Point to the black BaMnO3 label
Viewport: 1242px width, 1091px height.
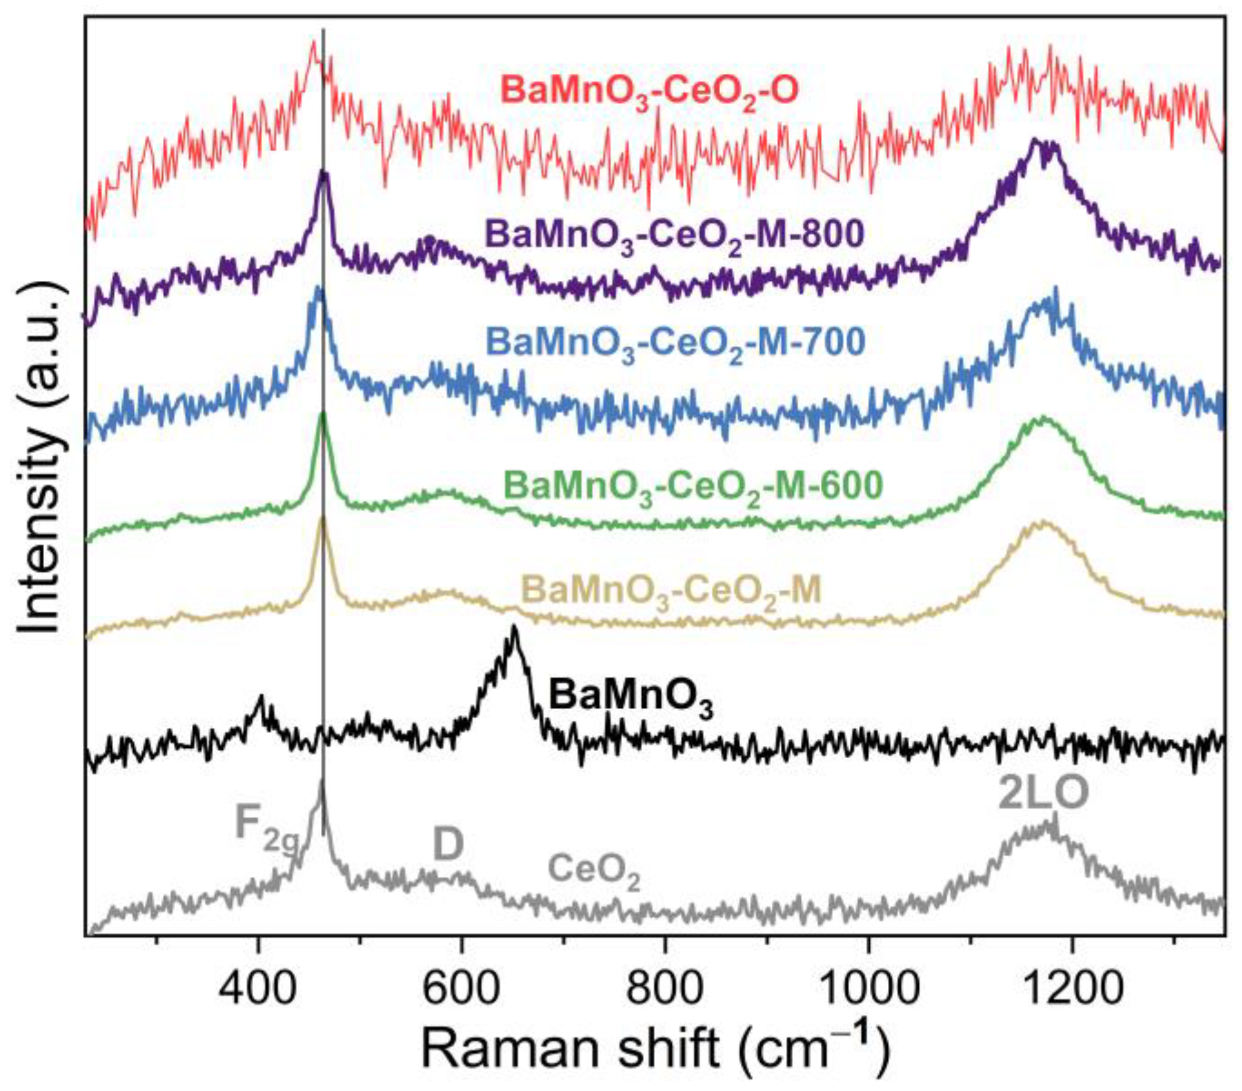(631, 699)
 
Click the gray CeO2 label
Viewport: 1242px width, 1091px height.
(594, 873)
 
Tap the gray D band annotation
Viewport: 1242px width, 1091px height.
(448, 845)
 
